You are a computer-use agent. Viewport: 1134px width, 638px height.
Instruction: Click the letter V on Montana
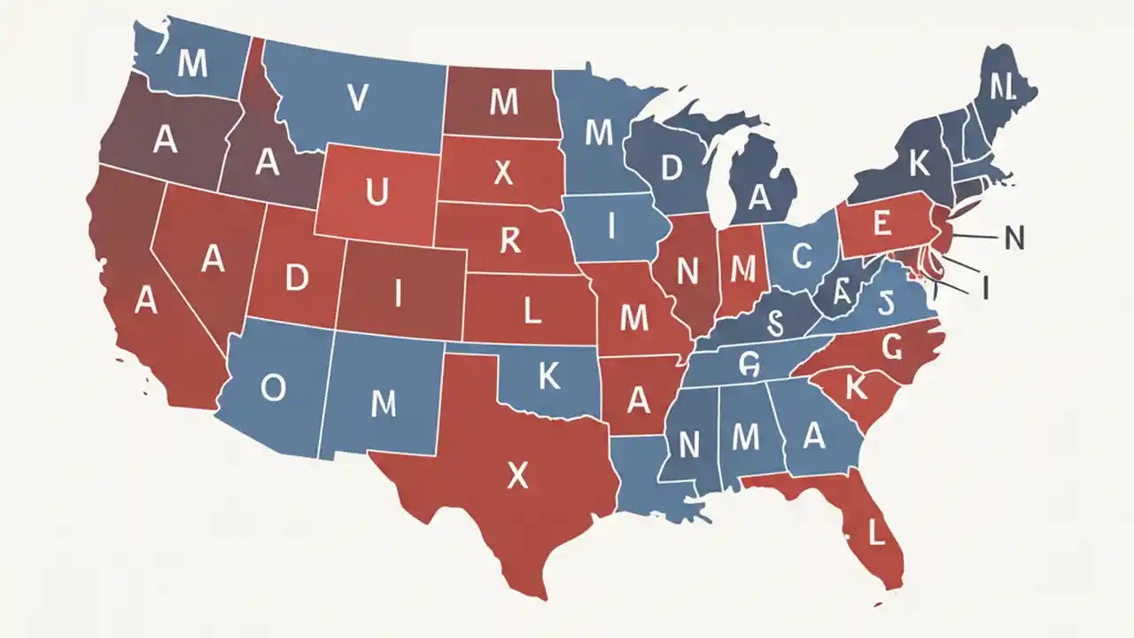pyautogui.click(x=357, y=99)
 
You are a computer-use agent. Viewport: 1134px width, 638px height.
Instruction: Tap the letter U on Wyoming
pyautogui.click(x=376, y=191)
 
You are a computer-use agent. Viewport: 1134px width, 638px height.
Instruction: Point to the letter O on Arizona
pyautogui.click(x=274, y=386)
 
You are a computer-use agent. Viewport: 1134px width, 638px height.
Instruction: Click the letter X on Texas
pyautogui.click(x=517, y=478)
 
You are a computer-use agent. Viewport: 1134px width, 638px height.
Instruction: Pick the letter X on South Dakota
pyautogui.click(x=503, y=173)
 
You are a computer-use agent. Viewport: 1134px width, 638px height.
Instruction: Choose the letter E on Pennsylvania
pyautogui.click(x=882, y=224)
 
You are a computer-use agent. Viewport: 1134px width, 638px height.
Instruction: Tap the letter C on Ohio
pyautogui.click(x=801, y=256)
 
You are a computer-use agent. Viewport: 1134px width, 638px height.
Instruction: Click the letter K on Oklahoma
pyautogui.click(x=549, y=377)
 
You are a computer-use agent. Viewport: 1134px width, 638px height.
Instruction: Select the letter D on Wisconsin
pyautogui.click(x=672, y=168)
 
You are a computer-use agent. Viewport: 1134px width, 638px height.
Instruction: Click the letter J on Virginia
pyautogui.click(x=882, y=304)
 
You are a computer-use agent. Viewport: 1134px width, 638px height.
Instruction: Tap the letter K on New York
pyautogui.click(x=919, y=163)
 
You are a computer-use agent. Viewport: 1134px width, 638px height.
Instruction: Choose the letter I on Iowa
pyautogui.click(x=610, y=227)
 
